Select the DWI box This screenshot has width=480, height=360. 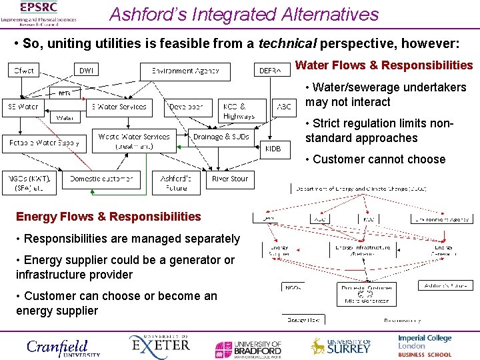(x=87, y=70)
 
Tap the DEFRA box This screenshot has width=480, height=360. (x=273, y=70)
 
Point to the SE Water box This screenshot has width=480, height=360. (x=23, y=106)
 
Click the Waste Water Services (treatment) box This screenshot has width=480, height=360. (x=134, y=141)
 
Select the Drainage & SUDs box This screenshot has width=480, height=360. (x=221, y=137)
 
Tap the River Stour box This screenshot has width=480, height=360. (x=230, y=179)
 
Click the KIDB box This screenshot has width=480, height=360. (x=274, y=149)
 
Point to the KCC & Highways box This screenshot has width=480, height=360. (x=239, y=111)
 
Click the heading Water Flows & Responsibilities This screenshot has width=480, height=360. (x=383, y=65)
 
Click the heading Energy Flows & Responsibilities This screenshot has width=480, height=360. (x=108, y=216)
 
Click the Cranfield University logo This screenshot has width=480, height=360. (x=63, y=347)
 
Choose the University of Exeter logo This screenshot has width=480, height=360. (x=159, y=347)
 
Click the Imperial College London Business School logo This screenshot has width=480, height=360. (x=425, y=346)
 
